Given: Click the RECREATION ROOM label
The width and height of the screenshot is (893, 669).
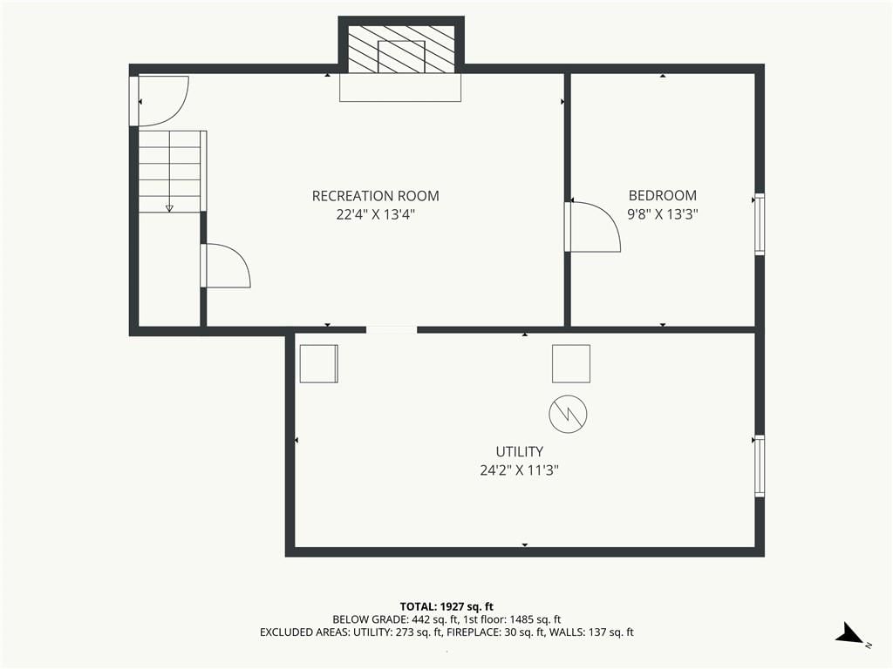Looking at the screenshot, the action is point(375,196).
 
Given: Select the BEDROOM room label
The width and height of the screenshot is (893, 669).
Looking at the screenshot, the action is point(663,195).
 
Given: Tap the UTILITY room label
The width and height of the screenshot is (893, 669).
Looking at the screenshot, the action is point(520,452).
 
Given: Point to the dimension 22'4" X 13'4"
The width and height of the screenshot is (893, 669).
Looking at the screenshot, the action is point(375,214).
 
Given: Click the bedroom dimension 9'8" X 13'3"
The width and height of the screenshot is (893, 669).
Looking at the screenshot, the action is point(663,214).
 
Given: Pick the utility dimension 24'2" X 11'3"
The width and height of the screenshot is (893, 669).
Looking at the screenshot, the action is point(520,470).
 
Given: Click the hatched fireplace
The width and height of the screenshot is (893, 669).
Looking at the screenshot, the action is point(401,49).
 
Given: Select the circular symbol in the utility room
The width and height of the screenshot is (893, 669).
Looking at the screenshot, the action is point(568,414).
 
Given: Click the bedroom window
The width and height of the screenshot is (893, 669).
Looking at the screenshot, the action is point(760,224).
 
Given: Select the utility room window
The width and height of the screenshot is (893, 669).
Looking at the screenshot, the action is point(760,466).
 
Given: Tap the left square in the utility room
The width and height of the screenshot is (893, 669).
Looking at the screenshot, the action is point(319,363).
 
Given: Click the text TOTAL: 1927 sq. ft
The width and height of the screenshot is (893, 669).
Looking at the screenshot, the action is point(446,606).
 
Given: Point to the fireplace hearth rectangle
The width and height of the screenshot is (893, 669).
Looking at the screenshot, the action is point(400,87).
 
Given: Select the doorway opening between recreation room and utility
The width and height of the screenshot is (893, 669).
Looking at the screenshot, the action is point(392,329).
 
